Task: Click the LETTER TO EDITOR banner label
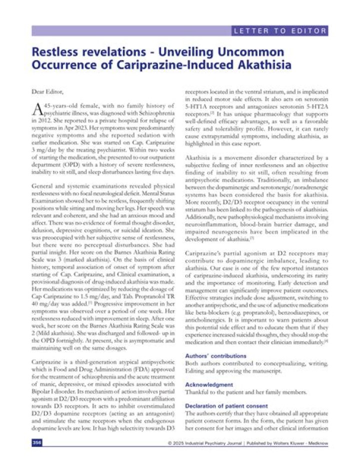coord(280,31)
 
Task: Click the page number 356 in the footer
coord(36,443)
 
